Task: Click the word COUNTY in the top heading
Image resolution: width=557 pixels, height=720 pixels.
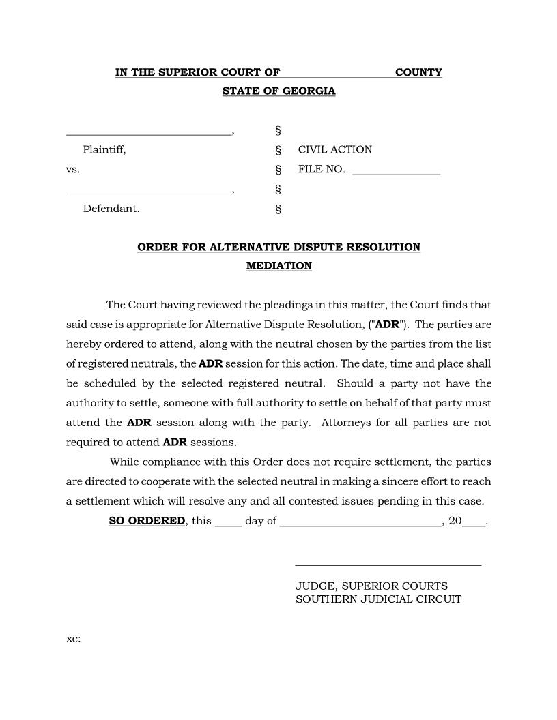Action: coord(418,72)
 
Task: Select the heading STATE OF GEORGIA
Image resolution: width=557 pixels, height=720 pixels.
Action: coord(278,91)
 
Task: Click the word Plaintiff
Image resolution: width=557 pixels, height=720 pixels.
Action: coord(104,150)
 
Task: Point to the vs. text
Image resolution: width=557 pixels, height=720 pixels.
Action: coord(73,169)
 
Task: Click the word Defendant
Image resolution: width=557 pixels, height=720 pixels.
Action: coord(111,209)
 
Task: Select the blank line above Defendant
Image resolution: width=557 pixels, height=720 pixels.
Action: coord(149,194)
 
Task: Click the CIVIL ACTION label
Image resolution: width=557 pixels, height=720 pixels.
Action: coord(335,150)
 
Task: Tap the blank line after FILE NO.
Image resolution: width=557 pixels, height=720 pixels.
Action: coord(396,174)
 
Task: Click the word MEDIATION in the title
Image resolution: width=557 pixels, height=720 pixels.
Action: coord(278,266)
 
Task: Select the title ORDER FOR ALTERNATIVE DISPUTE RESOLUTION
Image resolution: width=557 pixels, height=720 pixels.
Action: coord(278,247)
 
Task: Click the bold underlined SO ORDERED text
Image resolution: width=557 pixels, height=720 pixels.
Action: coord(147,521)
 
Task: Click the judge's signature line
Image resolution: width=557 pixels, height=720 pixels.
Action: coord(388,564)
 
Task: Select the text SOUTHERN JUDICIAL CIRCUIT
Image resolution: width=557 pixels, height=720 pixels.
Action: coord(378,599)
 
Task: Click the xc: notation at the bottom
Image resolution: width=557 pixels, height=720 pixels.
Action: coord(73,639)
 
